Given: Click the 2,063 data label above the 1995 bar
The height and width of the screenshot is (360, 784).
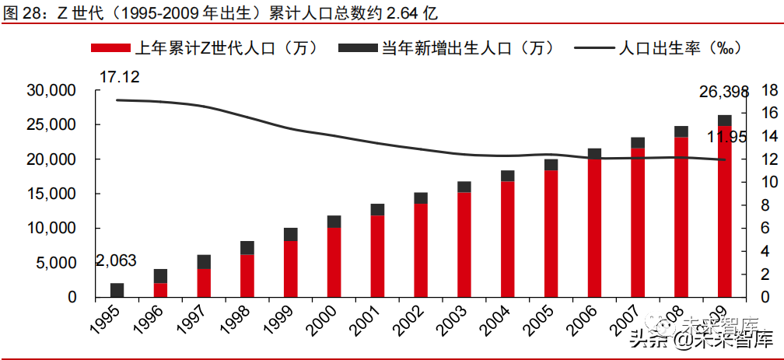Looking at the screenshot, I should coord(116,260).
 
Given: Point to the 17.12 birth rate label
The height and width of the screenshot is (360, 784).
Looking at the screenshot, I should coord(117,77).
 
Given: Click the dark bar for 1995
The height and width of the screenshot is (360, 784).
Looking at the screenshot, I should coord(117,290).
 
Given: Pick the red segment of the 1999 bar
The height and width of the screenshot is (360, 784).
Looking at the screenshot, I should coord(291,269).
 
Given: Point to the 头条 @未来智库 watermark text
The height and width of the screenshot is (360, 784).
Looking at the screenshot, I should coord(700,338).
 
